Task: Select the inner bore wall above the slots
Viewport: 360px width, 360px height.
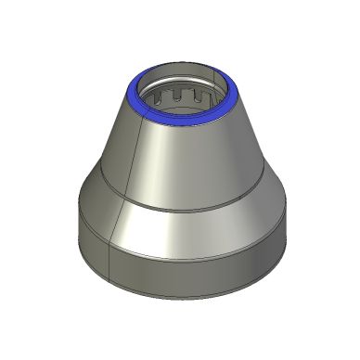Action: pos(181,79)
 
